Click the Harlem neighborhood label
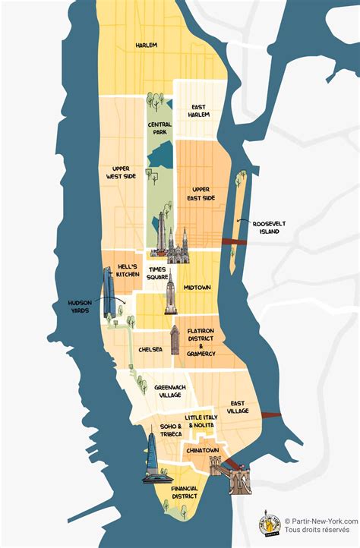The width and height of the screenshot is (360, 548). tap(146, 45)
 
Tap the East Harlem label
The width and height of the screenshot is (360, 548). tap(198, 110)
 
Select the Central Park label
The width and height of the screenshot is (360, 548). tap(161, 128)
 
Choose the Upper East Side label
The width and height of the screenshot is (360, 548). tap(203, 194)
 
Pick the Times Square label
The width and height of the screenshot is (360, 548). tap(158, 273)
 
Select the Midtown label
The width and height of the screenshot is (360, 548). tap(197, 288)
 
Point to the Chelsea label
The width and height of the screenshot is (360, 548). tap(150, 349)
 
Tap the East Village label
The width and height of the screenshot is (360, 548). tap(238, 407)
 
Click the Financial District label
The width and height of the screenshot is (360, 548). tap(183, 492)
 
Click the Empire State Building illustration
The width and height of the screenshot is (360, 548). tap(171, 295)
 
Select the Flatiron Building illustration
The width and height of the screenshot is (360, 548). tap(175, 340)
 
